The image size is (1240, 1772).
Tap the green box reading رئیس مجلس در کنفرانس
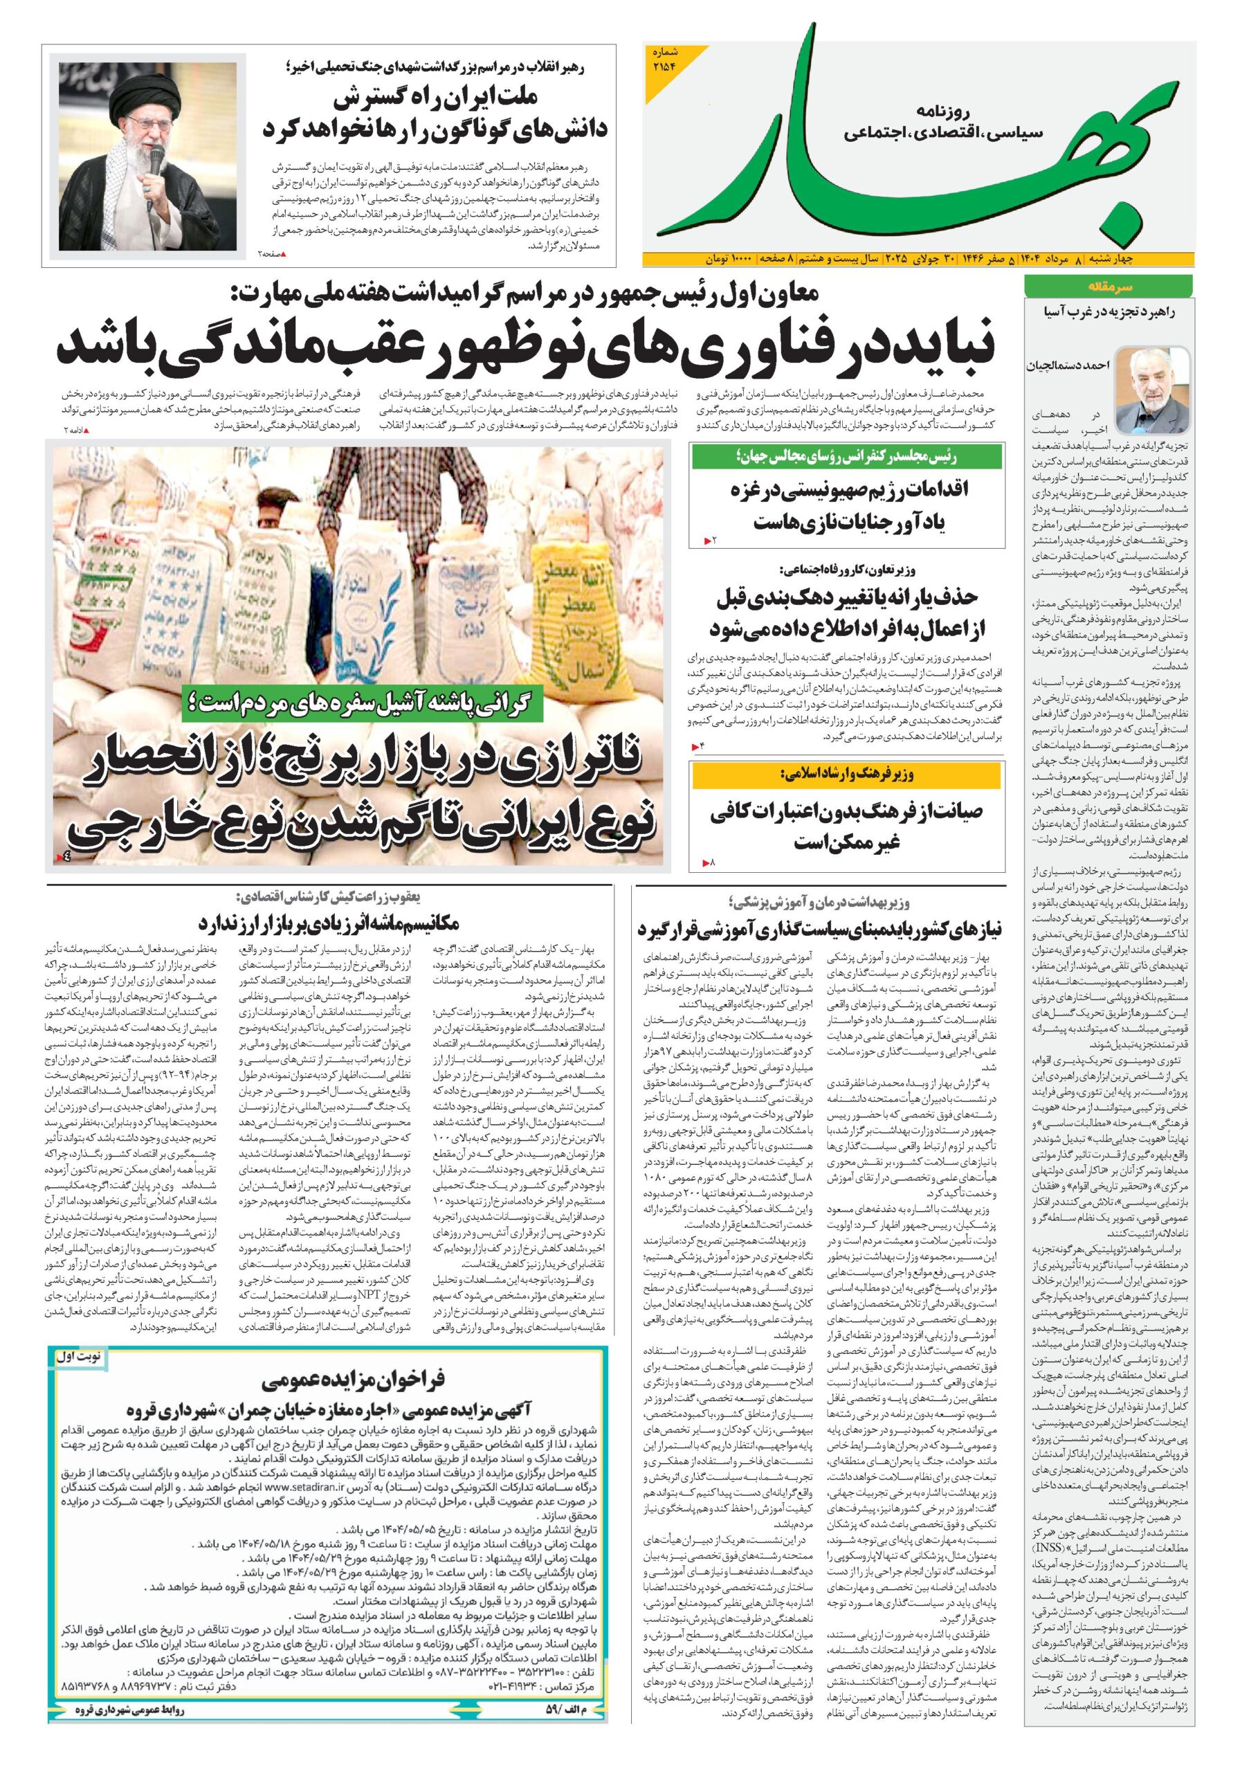pyautogui.click(x=846, y=458)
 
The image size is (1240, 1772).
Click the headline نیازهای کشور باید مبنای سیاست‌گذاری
pyautogui.click(x=818, y=928)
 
